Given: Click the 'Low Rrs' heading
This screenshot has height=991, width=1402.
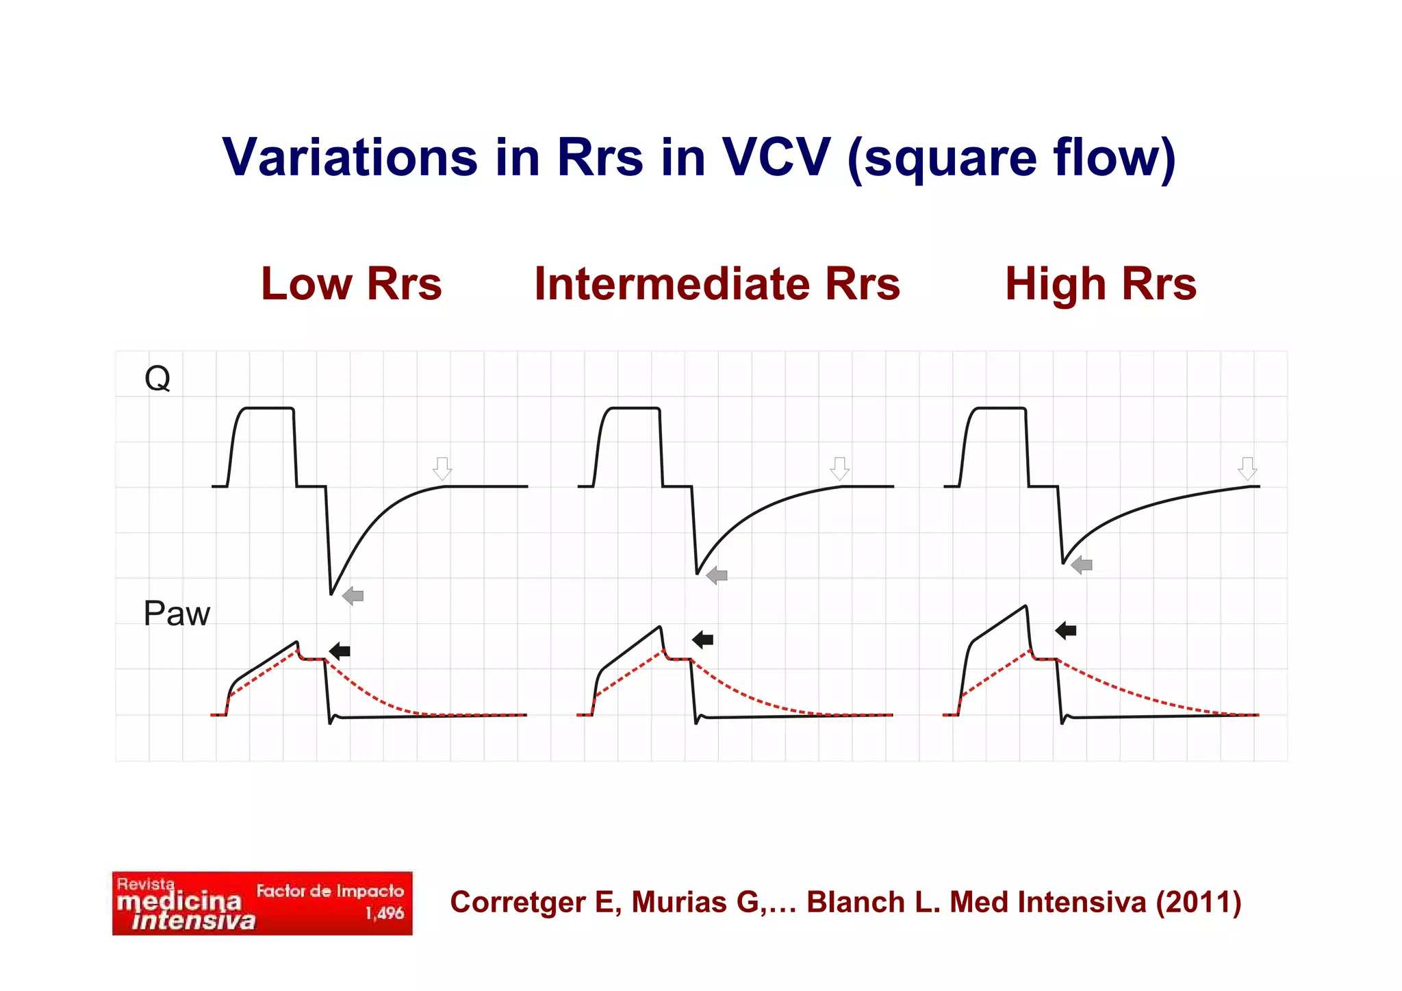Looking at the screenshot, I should point(351,284).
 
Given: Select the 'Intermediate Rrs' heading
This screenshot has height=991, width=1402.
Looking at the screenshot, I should point(717,284).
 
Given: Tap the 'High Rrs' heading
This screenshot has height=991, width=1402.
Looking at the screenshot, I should point(1100,284).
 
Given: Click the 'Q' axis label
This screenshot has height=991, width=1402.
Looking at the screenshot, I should point(157,378).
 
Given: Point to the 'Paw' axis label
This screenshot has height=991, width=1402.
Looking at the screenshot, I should point(176,614).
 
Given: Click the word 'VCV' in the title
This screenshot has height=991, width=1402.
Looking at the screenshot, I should point(776,158).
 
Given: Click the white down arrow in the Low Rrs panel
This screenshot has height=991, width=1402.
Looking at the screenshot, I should point(443,469).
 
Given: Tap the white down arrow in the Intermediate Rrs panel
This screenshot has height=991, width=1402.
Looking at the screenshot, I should point(840,469).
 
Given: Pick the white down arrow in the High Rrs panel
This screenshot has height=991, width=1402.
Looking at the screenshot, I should point(1247,469).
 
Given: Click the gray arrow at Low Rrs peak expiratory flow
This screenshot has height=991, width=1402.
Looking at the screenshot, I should point(353,596).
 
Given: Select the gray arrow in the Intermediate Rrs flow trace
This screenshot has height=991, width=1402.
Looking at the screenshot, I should point(717,575).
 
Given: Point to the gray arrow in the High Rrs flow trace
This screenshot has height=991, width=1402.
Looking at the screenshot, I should point(1082,565).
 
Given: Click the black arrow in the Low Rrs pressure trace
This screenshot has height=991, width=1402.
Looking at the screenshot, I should point(340,651).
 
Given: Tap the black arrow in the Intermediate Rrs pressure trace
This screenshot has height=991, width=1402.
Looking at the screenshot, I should point(703,640).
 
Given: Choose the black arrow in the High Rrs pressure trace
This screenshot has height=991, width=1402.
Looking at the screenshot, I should point(1066,630).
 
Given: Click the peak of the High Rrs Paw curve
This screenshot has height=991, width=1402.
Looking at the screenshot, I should point(1025,606).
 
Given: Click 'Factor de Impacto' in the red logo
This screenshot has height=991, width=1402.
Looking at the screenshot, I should point(330,891).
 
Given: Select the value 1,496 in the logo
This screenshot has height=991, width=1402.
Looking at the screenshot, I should point(384,914).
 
